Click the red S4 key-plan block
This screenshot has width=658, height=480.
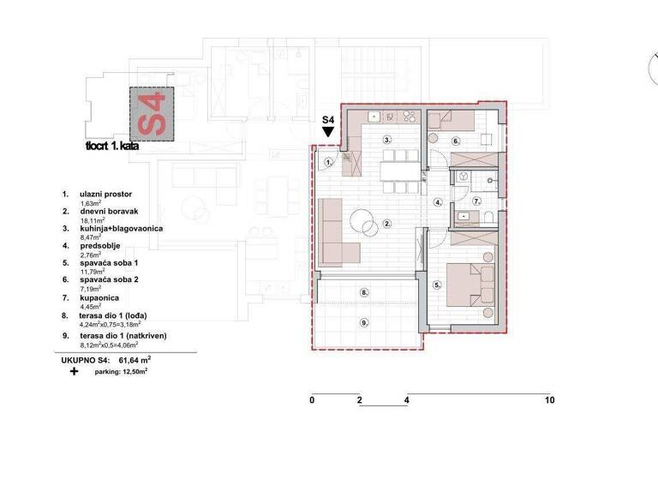pyautogui.click(x=153, y=114)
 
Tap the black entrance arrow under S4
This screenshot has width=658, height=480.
pyautogui.click(x=327, y=134)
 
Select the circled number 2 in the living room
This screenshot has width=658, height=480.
pyautogui.click(x=387, y=225)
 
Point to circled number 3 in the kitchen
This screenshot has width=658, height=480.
pyautogui.click(x=387, y=139)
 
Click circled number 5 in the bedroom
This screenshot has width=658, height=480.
pyautogui.click(x=437, y=285)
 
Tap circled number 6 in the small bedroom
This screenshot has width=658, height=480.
pyautogui.click(x=456, y=140)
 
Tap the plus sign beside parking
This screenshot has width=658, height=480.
pyautogui.click(x=74, y=373)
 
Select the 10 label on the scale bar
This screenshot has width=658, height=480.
pyautogui.click(x=549, y=400)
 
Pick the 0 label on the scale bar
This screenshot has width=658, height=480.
pyautogui.click(x=313, y=400)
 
